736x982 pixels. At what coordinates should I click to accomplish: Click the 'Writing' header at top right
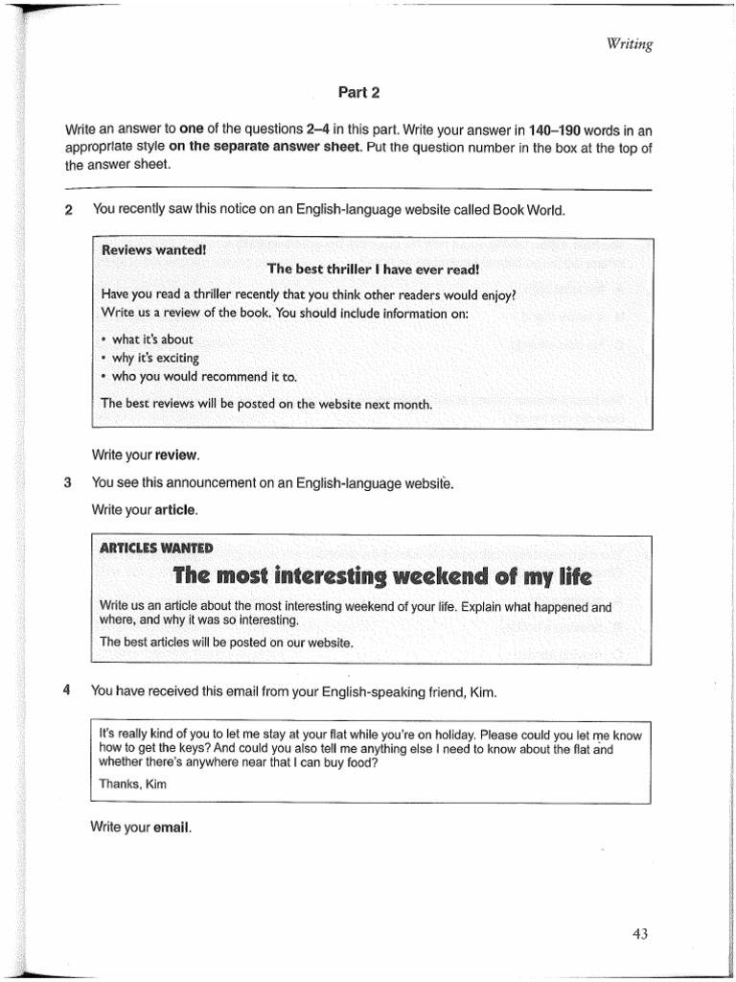pos(630,44)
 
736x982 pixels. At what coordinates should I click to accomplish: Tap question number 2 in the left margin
pos(68,210)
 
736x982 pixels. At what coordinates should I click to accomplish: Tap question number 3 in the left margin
pos(68,482)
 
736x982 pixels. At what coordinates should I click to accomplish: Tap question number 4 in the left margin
pos(68,690)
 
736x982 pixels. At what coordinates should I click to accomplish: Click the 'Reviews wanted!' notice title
pos(153,250)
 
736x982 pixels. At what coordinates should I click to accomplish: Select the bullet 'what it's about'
pos(151,339)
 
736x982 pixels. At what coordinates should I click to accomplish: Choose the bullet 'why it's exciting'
pos(155,358)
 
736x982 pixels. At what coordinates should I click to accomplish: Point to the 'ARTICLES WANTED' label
pos(156,548)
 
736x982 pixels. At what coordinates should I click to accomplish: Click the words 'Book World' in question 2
pos(529,210)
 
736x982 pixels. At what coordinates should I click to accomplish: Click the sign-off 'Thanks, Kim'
pos(133,783)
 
